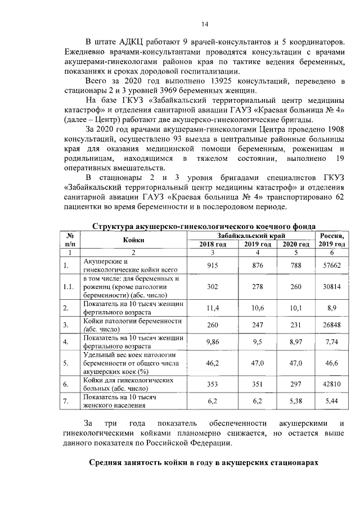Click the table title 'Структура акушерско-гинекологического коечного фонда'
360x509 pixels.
204,226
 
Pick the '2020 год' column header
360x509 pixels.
296,244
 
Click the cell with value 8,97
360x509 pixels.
296,341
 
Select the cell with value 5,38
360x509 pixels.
296,402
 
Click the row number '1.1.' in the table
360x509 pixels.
69,287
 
